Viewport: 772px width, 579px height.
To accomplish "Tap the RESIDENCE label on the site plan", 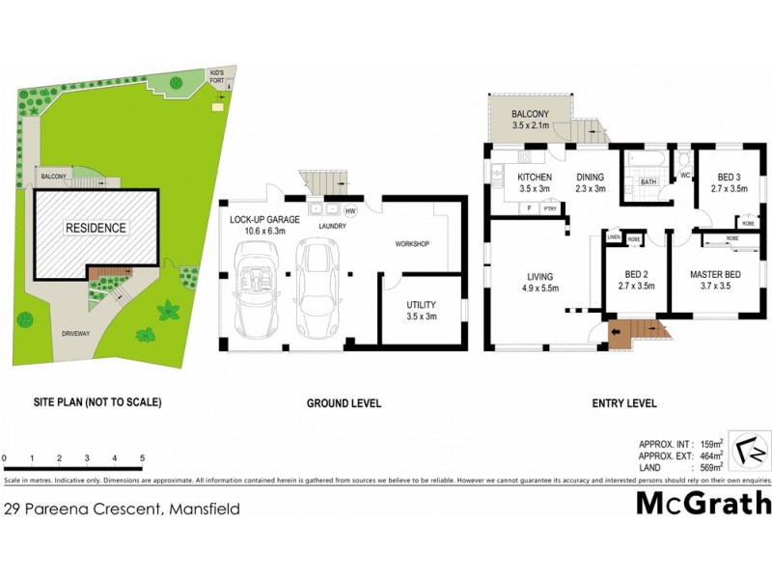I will coord(96,228).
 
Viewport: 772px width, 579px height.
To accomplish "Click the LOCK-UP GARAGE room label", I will coord(265,220).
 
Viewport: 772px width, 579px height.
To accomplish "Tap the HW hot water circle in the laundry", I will coord(350,210).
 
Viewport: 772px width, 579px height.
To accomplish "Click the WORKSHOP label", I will coord(412,243).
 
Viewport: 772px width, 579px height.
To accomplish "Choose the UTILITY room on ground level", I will coord(421,311).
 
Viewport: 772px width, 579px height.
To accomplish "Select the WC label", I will coord(685,177).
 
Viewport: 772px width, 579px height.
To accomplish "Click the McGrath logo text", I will coord(703,503).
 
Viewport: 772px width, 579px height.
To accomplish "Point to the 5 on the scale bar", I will coord(143,457).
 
